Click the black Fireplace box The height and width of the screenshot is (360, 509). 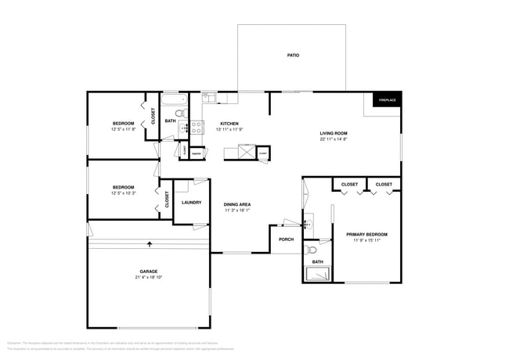click(x=387, y=100)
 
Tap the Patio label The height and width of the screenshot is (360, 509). click(x=293, y=56)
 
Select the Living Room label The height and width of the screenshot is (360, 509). click(x=334, y=134)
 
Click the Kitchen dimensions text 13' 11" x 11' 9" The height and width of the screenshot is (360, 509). click(x=229, y=130)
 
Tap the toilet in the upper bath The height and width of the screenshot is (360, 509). click(x=179, y=113)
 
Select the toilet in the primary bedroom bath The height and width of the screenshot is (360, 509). click(x=312, y=250)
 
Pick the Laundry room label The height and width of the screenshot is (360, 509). click(x=192, y=203)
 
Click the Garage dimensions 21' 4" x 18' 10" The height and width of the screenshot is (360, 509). click(x=149, y=277)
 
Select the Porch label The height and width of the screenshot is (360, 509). click(x=287, y=239)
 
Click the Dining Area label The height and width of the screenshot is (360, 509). click(x=237, y=204)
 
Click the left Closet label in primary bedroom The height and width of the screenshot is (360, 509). click(x=349, y=185)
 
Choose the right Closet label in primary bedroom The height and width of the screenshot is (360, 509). click(x=384, y=185)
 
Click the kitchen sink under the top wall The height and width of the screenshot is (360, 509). click(x=209, y=99)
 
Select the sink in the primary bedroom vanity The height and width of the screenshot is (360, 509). click(x=308, y=224)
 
